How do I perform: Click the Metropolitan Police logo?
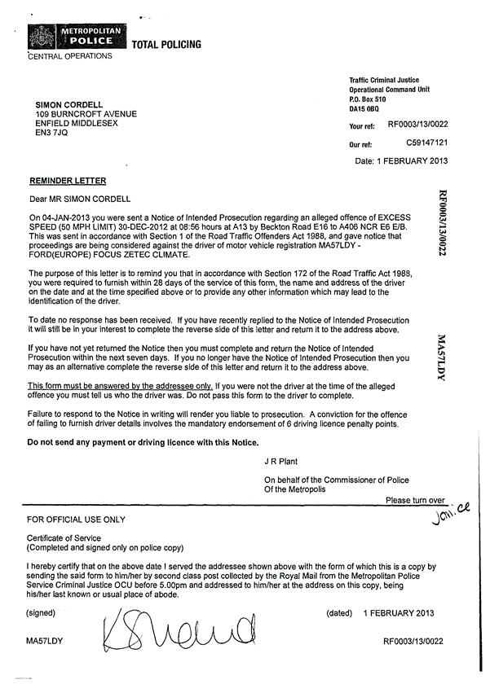coord(77,37)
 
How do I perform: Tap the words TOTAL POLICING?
coord(166,45)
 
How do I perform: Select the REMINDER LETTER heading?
coord(68,180)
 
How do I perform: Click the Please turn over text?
coord(415,500)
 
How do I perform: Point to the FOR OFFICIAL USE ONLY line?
coord(77,519)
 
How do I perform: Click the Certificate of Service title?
coord(64,537)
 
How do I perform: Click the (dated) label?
coord(338,612)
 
